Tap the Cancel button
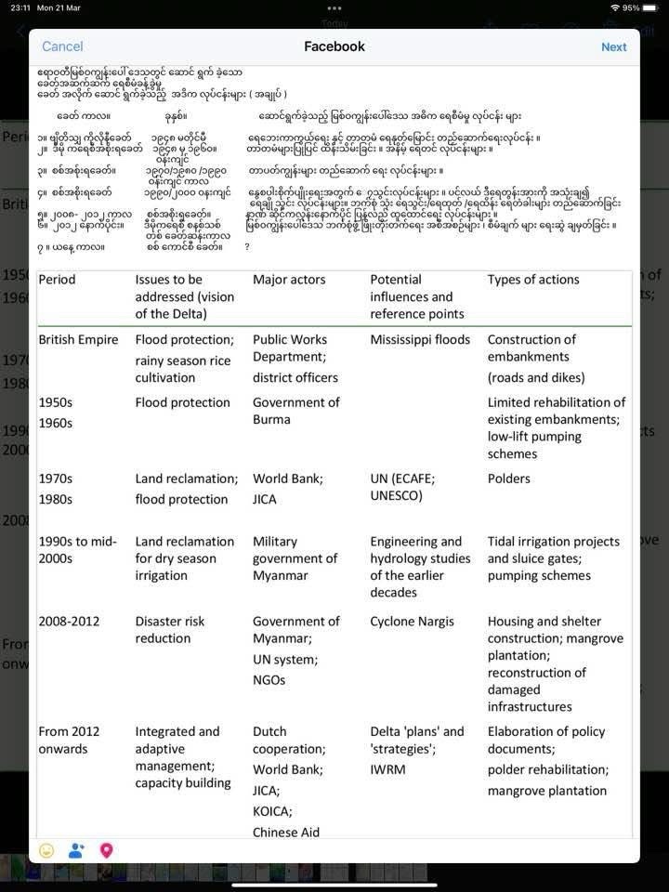tap(62, 46)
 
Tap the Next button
tap(613, 46)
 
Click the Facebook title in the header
tap(334, 46)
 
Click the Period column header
tap(57, 280)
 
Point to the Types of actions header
tap(532, 280)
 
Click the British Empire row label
tap(78, 340)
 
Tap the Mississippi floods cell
tap(420, 340)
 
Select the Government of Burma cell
tap(295, 411)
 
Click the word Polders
tap(509, 479)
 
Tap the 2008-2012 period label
tap(72, 622)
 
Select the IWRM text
tap(387, 769)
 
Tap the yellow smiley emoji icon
tap(46, 850)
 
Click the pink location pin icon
tap(106, 850)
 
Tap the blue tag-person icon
tap(76, 850)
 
